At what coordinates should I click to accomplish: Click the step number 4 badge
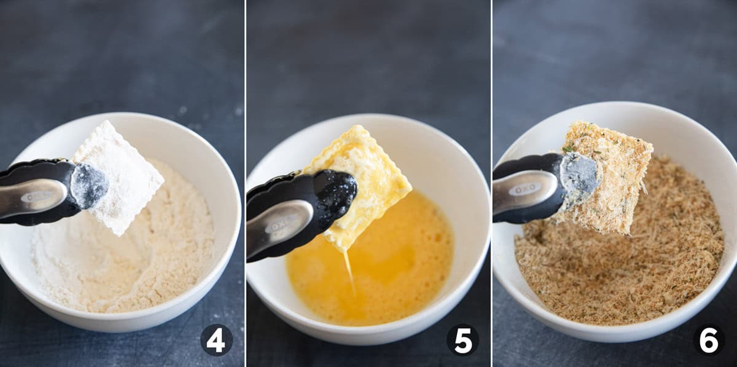point(216,340)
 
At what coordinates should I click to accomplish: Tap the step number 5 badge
point(462,340)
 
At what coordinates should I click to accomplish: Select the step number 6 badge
point(708,340)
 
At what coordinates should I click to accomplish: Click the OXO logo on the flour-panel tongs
point(33,197)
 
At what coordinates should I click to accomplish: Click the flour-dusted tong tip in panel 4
point(90,185)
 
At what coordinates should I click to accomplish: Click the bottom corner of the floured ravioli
point(119,235)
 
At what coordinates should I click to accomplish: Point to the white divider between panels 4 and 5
point(245,183)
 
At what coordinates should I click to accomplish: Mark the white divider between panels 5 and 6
point(491,183)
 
